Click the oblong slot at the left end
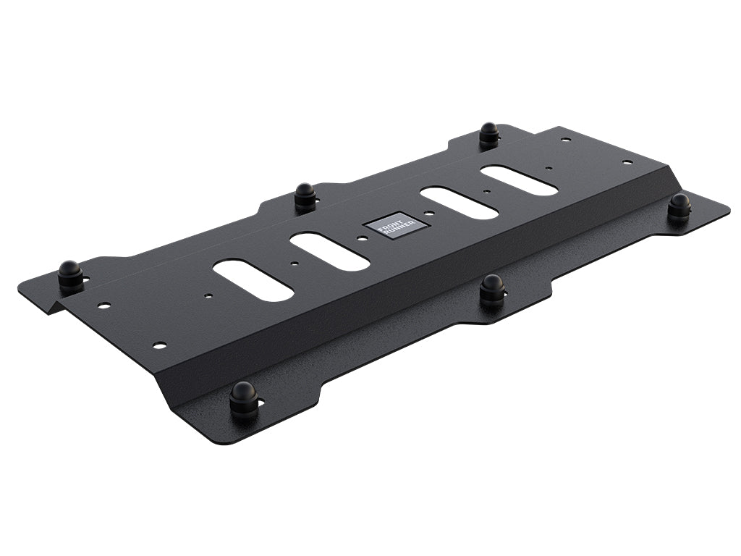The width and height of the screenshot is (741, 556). pyautogui.click(x=253, y=280)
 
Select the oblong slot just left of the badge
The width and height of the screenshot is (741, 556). pyautogui.click(x=329, y=251)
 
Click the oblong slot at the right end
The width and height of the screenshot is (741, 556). pyautogui.click(x=519, y=180)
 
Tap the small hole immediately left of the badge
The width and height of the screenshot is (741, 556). pyautogui.click(x=360, y=238)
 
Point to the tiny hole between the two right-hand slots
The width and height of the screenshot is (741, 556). pyautogui.click(x=487, y=193)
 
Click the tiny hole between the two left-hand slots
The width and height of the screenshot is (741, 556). pyautogui.click(x=294, y=264)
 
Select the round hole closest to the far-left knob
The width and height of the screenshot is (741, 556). pyautogui.click(x=104, y=306)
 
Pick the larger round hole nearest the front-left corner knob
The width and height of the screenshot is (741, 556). pyautogui.click(x=159, y=345)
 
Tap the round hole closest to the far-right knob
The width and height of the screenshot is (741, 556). pyautogui.click(x=628, y=162)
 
